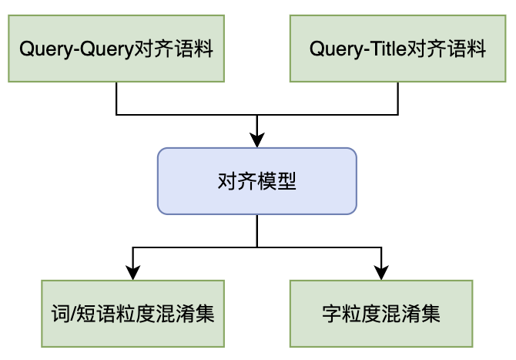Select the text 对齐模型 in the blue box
[x=257, y=182]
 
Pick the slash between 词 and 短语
[x=69, y=315]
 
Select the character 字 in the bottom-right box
[x=332, y=315]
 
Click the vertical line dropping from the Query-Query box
[x=116, y=98]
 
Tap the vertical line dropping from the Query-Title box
[x=398, y=98]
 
